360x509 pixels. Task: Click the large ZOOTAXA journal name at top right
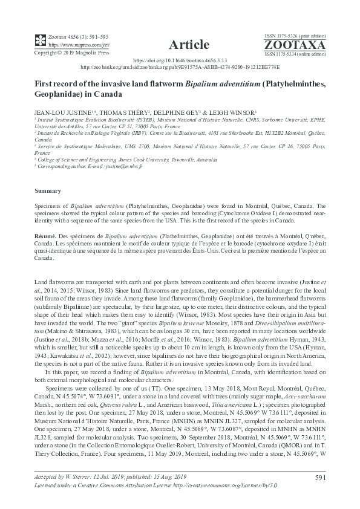click(303, 45)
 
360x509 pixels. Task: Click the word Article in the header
click(190, 44)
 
